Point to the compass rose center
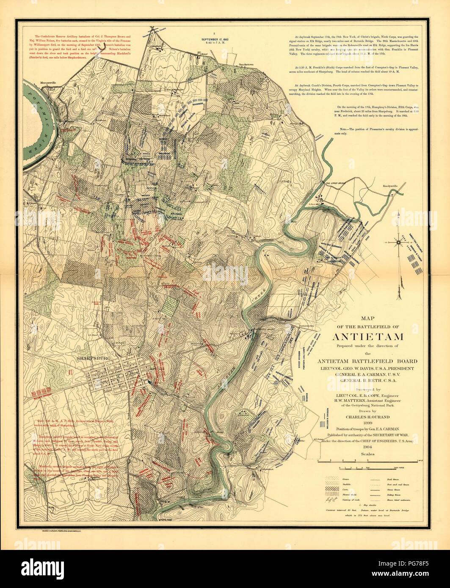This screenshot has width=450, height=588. pyautogui.click(x=399, y=242)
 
